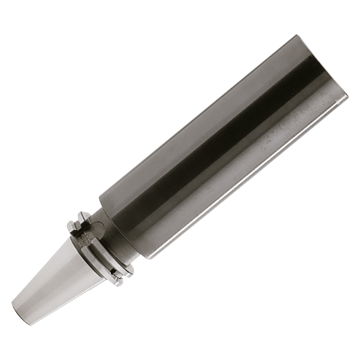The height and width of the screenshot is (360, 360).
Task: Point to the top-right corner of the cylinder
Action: pyautogui.click(x=294, y=35)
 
